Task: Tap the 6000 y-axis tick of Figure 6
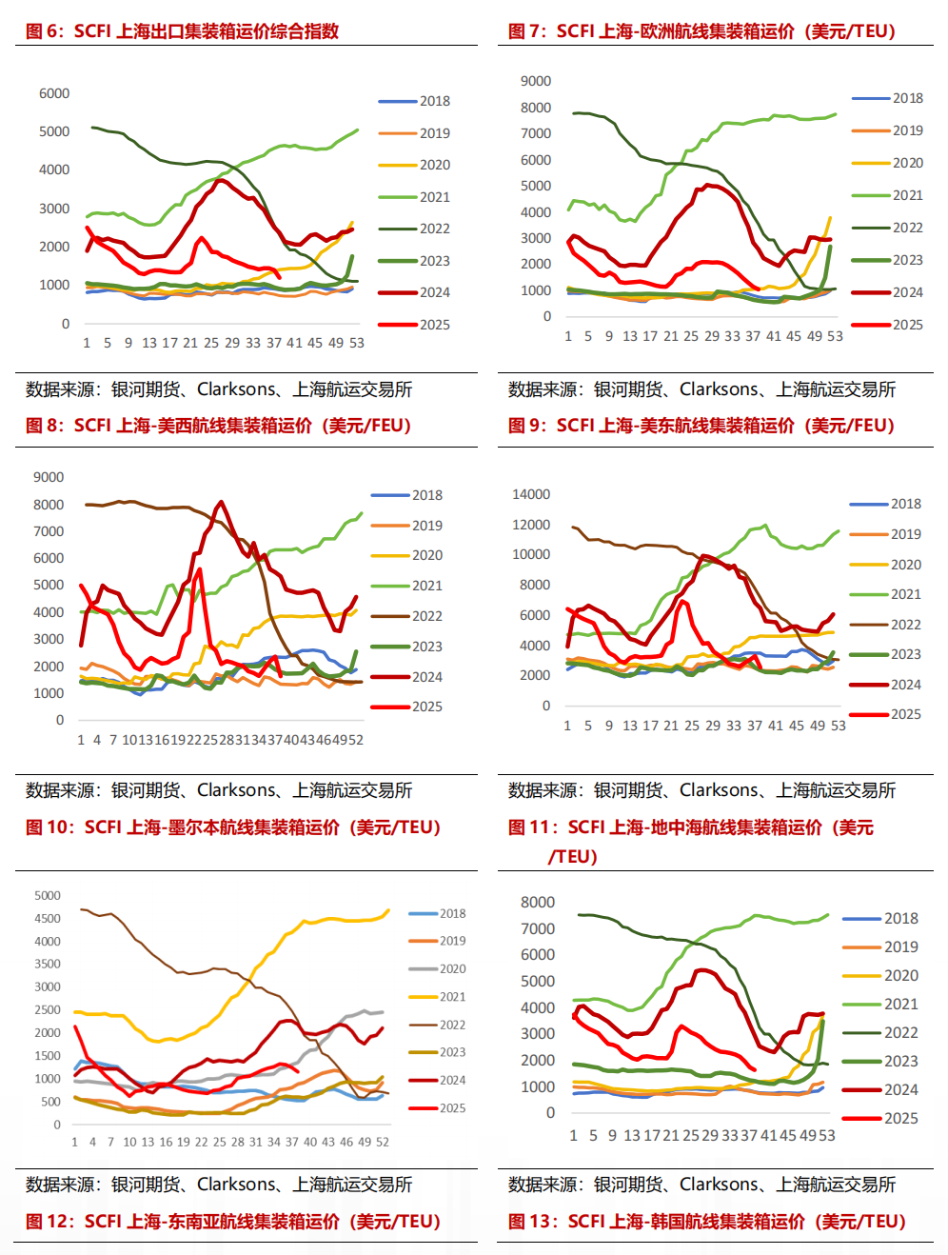click(54, 93)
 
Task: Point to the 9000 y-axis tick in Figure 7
click(536, 81)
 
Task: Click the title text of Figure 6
click(182, 31)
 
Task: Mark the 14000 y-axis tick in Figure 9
click(531, 494)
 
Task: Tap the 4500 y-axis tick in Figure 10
click(48, 919)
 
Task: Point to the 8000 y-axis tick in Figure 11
click(538, 902)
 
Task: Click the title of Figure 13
click(706, 1222)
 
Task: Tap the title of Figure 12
click(233, 1222)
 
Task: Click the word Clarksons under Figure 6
click(237, 389)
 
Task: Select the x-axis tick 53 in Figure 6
click(357, 343)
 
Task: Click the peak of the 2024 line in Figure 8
click(222, 502)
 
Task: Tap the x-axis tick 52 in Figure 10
click(383, 1142)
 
